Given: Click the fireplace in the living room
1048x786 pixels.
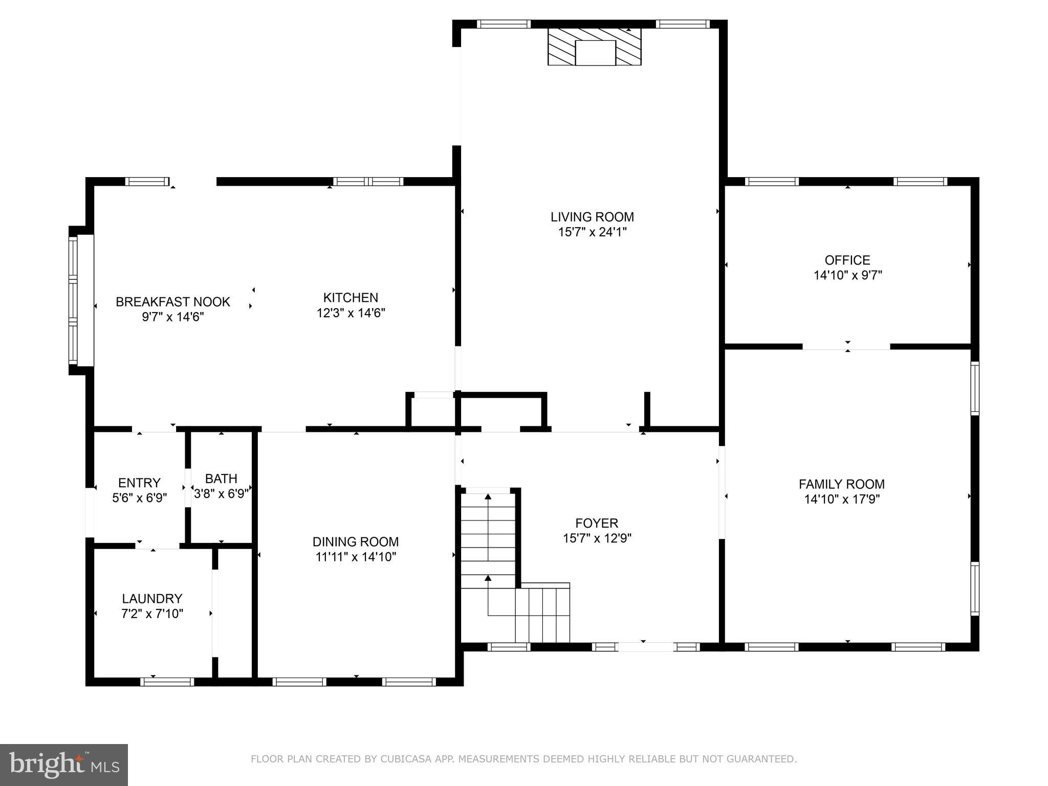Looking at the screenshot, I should click(x=594, y=47).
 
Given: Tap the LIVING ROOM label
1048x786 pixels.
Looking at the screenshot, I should click(x=592, y=217).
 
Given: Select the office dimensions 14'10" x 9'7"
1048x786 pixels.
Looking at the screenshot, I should click(x=847, y=275).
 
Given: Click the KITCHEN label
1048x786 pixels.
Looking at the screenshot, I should click(x=351, y=297).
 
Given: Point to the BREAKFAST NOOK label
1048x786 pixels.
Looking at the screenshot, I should click(x=173, y=302).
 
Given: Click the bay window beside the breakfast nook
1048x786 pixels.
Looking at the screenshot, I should click(x=74, y=300).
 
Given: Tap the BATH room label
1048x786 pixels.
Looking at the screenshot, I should click(x=221, y=478).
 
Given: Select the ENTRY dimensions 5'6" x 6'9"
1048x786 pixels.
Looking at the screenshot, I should click(x=139, y=498).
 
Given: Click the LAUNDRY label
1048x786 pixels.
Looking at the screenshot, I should click(x=152, y=598).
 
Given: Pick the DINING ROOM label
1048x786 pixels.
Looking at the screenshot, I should click(x=356, y=541).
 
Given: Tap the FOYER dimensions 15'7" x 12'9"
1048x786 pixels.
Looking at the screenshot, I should click(x=597, y=538).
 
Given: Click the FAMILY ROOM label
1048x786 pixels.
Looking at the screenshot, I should click(x=842, y=484).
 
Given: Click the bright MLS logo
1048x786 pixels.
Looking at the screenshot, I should click(x=63, y=765).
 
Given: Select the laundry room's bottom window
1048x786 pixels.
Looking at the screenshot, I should click(x=167, y=682).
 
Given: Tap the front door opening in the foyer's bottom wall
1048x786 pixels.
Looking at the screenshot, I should click(x=646, y=647).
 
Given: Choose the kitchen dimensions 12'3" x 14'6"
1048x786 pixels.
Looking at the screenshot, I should click(x=351, y=313).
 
